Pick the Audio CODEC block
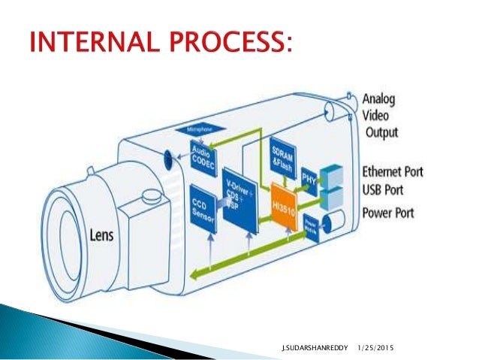[x=203, y=154]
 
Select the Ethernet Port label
[x=392, y=171]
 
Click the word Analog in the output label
[x=384, y=99]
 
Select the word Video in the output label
[x=380, y=116]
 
